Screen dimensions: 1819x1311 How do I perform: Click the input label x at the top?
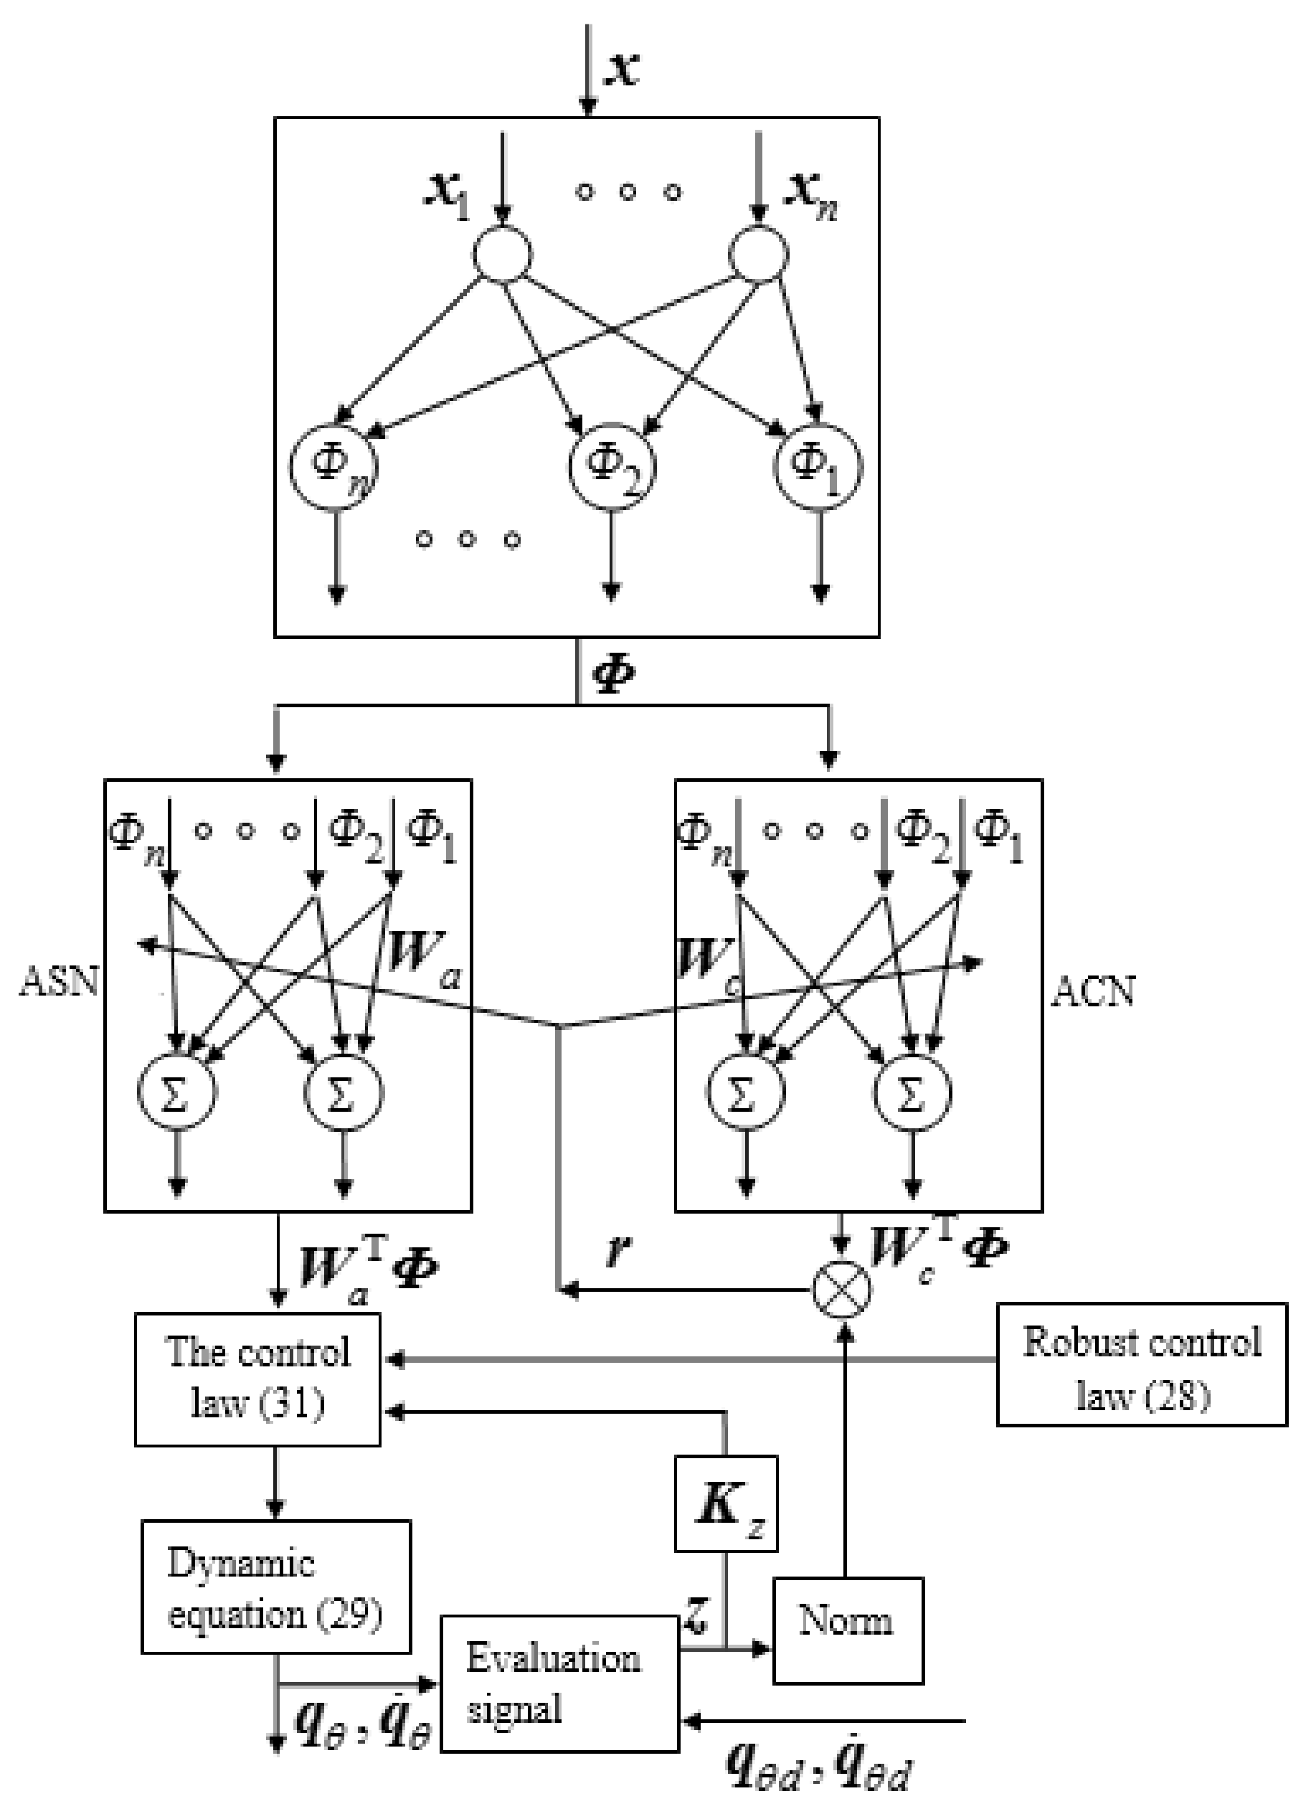click(623, 68)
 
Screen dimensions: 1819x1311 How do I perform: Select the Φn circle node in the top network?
click(333, 467)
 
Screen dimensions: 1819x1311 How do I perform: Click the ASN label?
click(59, 981)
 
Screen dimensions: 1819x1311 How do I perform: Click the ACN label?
click(1093, 993)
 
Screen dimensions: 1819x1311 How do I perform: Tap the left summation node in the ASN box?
click(177, 1093)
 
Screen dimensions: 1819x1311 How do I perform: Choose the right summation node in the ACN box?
click(912, 1093)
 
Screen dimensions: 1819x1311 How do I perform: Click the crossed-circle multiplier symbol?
click(841, 1289)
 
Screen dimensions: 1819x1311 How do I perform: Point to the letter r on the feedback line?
click(616, 1249)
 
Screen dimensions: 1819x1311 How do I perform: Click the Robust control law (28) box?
click(1141, 1364)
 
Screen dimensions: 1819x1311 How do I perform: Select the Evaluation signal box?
click(559, 1683)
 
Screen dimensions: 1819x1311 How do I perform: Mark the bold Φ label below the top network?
click(612, 672)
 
